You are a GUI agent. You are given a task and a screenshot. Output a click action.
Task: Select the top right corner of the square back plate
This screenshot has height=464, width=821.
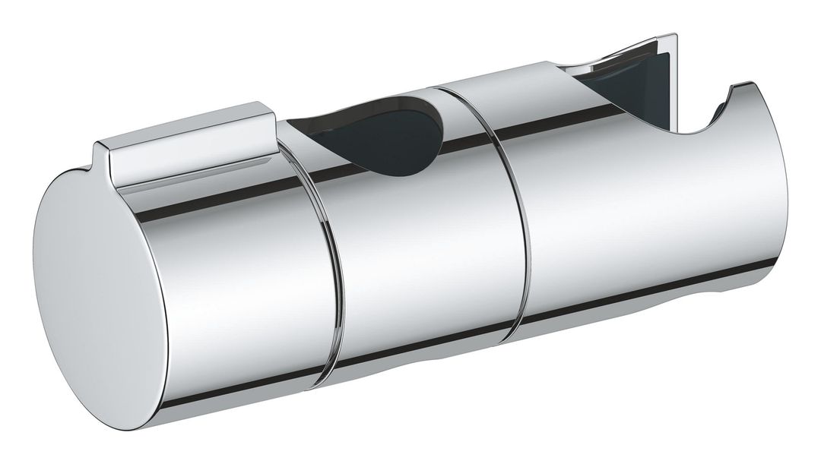[x=677, y=38]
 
